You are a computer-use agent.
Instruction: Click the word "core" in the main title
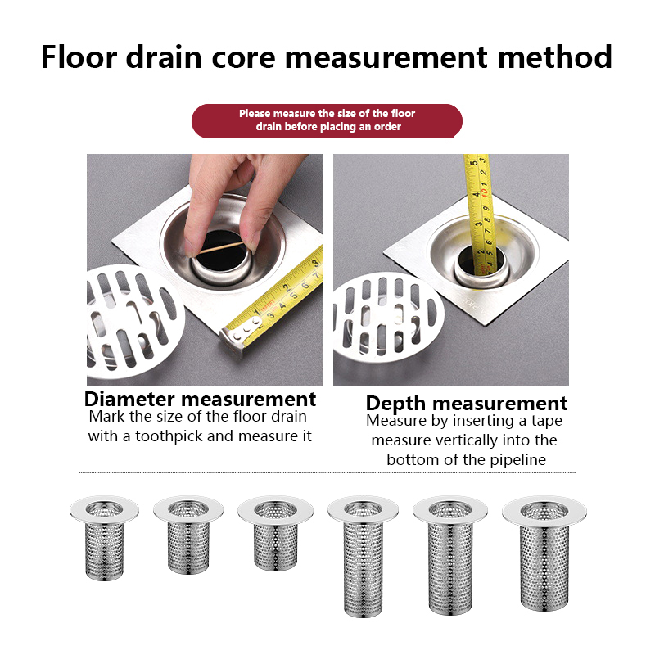[x=243, y=57]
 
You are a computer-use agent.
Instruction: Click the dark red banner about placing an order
[x=327, y=120]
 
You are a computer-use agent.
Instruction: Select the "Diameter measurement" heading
[x=200, y=400]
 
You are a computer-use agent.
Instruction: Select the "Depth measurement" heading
[x=467, y=404]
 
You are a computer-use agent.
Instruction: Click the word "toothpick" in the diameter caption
[x=169, y=436]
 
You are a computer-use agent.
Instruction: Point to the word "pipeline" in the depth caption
[x=518, y=460]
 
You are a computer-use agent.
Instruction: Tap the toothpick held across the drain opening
[x=221, y=247]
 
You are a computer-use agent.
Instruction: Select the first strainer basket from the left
[x=104, y=538]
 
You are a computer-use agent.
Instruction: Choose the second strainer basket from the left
[x=188, y=535]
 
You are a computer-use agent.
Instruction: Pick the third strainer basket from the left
[x=276, y=533]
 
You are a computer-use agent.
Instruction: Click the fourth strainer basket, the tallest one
[x=363, y=556]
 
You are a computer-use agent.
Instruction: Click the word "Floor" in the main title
[x=79, y=56]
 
